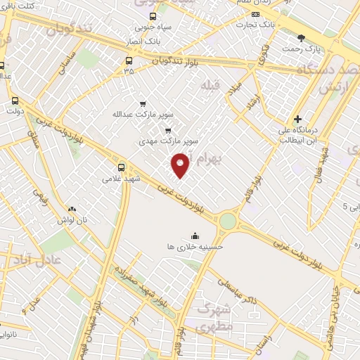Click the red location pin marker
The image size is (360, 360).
(181, 165)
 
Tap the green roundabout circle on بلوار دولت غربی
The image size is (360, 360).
(228, 221)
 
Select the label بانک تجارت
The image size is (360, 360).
(257, 25)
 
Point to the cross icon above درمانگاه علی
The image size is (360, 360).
(298, 119)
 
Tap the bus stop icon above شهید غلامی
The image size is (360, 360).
(122, 167)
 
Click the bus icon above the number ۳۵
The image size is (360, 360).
(128, 60)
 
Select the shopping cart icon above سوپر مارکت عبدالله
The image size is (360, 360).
(143, 103)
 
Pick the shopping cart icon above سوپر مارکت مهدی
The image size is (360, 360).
(167, 130)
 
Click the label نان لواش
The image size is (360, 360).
(72, 219)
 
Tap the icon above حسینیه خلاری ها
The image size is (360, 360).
(195, 236)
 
